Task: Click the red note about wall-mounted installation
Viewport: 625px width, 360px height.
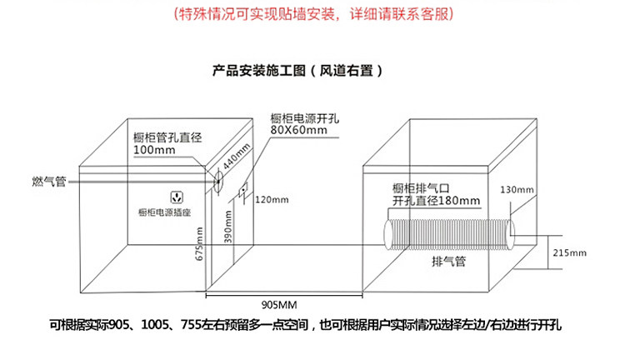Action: point(312,14)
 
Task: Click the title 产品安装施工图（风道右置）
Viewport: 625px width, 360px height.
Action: point(298,71)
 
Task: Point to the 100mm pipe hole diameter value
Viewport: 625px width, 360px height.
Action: point(152,150)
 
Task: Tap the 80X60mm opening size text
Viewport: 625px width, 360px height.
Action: point(297,131)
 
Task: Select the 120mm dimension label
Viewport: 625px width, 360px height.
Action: point(272,200)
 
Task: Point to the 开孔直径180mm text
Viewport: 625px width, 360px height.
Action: point(437,202)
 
